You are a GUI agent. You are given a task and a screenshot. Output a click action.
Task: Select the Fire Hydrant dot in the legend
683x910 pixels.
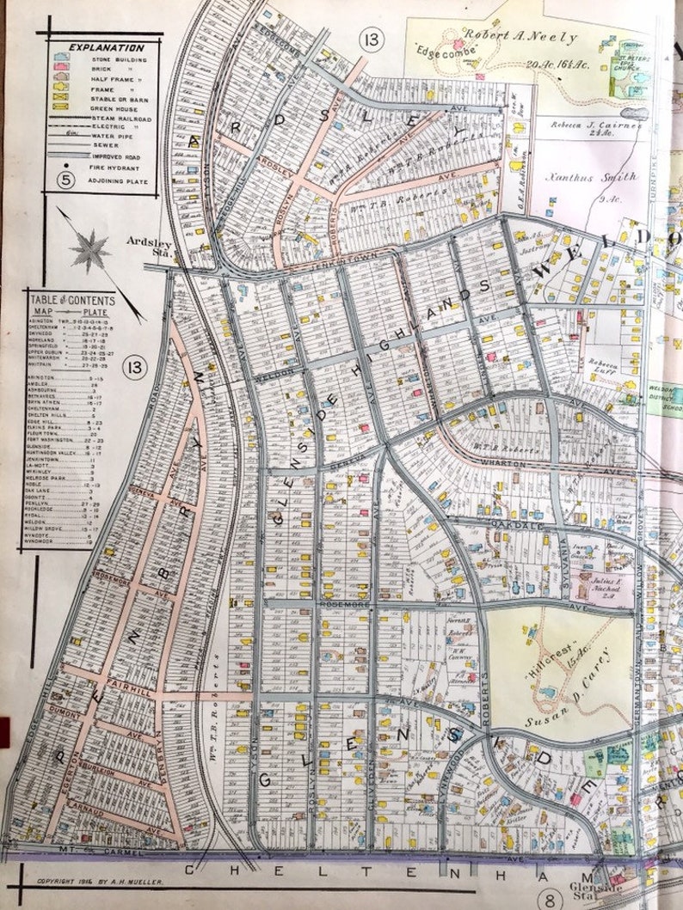[x=58, y=169]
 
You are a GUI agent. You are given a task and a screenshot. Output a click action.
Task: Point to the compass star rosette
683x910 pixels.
[x=89, y=251]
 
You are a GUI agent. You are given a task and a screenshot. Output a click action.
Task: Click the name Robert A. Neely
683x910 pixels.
[x=508, y=38]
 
